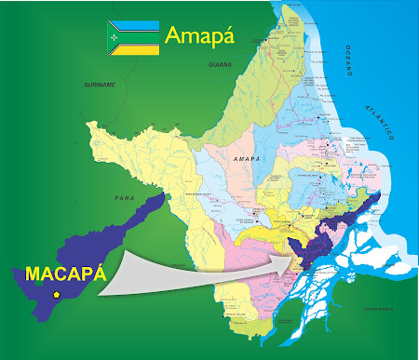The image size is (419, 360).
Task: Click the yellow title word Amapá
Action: click(199, 35)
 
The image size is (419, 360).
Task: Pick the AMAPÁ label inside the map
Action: click(247, 160)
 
